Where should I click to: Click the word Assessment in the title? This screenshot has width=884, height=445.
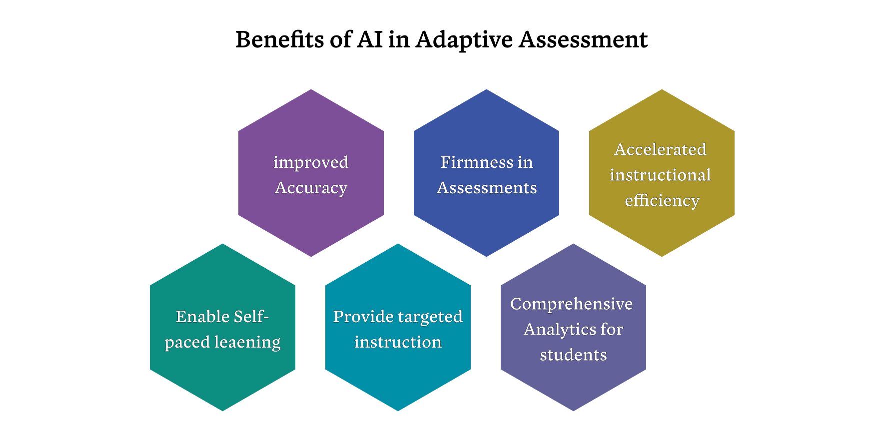tap(583, 39)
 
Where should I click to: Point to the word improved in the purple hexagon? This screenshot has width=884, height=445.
tap(311, 163)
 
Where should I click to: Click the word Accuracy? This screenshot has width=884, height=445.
tap(311, 188)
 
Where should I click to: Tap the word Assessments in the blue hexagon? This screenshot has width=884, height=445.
tap(487, 188)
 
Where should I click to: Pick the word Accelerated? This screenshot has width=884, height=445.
tap(660, 149)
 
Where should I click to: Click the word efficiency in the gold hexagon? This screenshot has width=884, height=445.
tap(662, 200)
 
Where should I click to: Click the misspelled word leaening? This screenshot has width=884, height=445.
tap(247, 343)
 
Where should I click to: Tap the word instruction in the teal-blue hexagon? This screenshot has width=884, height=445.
tap(398, 342)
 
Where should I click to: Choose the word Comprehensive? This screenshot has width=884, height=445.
tap(572, 304)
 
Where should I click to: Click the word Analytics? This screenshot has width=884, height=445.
tap(560, 330)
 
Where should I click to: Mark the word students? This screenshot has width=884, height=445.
tap(573, 355)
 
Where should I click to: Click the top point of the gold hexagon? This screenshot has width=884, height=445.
tap(662, 89)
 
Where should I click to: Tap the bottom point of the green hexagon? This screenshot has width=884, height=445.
tap(222, 411)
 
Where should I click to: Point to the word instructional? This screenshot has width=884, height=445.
tap(660, 175)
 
